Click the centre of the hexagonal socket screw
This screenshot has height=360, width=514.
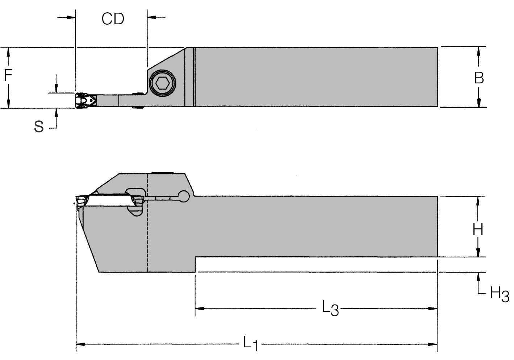click(163, 83)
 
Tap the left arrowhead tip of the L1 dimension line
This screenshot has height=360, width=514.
click(76, 344)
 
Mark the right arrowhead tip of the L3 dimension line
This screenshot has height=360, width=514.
click(437, 309)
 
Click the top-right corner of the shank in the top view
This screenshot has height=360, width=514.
click(438, 48)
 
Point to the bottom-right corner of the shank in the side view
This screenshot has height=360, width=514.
click(437, 257)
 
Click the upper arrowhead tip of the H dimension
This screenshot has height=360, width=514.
click(478, 196)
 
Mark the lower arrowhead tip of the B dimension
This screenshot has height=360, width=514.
click(479, 107)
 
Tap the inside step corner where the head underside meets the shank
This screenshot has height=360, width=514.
click(195, 257)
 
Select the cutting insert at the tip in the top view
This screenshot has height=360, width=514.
click(86, 100)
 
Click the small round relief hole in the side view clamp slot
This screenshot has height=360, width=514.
click(184, 196)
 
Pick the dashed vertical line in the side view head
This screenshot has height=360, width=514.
click(147, 223)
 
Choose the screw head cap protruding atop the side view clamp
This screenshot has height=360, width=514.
click(163, 173)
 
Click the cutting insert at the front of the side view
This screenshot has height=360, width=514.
click(83, 202)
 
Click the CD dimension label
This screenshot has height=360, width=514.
click(113, 19)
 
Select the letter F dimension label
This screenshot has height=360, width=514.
click(8, 75)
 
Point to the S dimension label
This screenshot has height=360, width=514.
click(39, 127)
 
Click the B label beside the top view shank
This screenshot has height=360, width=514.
click(479, 78)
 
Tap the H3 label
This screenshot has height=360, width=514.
click(499, 294)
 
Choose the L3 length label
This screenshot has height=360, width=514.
click(330, 309)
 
